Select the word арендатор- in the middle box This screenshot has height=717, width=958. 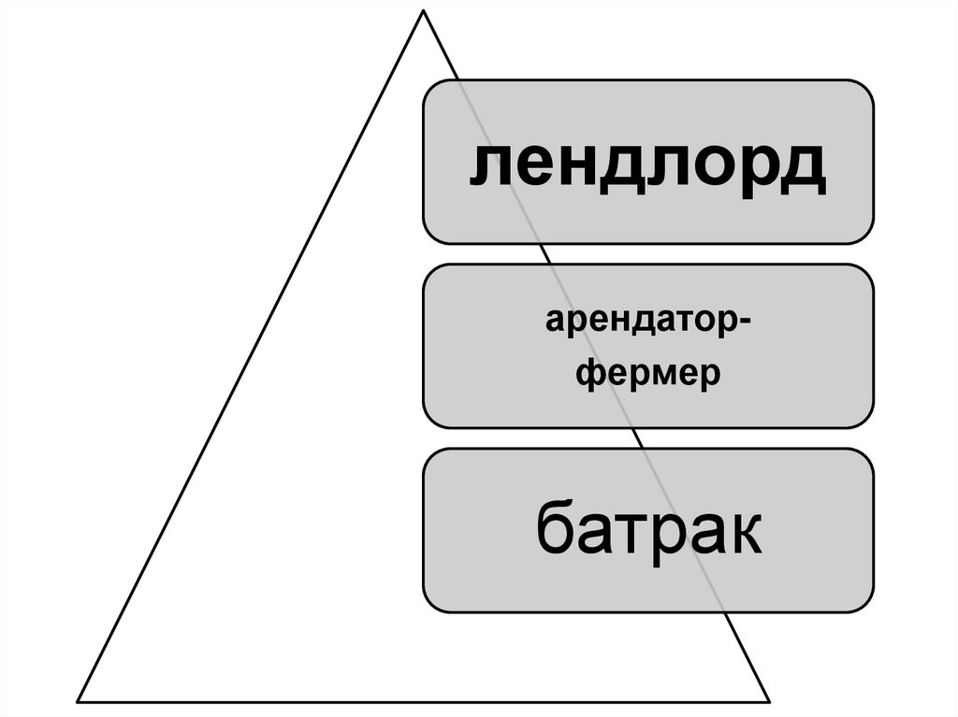pos(647,326)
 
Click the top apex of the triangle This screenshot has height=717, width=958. pos(424,11)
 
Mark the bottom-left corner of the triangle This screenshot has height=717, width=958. pos(79,701)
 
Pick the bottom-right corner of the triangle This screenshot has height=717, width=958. pos(769,701)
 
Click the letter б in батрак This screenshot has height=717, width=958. pos(556,528)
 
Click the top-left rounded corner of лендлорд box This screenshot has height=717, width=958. pos(430,87)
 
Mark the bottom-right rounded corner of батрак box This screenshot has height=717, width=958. pos(866,605)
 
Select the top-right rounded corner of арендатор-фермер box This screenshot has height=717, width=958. pos(866,271)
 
